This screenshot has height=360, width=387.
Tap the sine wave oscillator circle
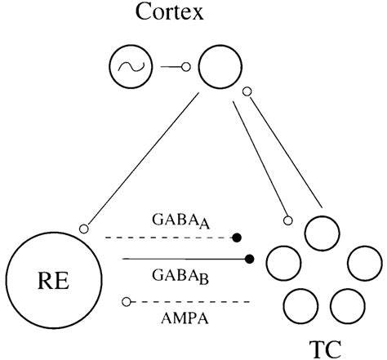pos(130,69)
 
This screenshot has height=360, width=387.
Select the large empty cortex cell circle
pos(216,69)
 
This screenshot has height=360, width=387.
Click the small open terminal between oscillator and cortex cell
pos(185,69)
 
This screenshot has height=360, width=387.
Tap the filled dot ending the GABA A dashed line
pos(237,238)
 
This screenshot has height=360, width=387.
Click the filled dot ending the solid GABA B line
pos(250,260)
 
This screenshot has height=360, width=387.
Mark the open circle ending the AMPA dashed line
pos(125,302)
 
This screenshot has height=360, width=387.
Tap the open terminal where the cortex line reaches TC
pos(287,220)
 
